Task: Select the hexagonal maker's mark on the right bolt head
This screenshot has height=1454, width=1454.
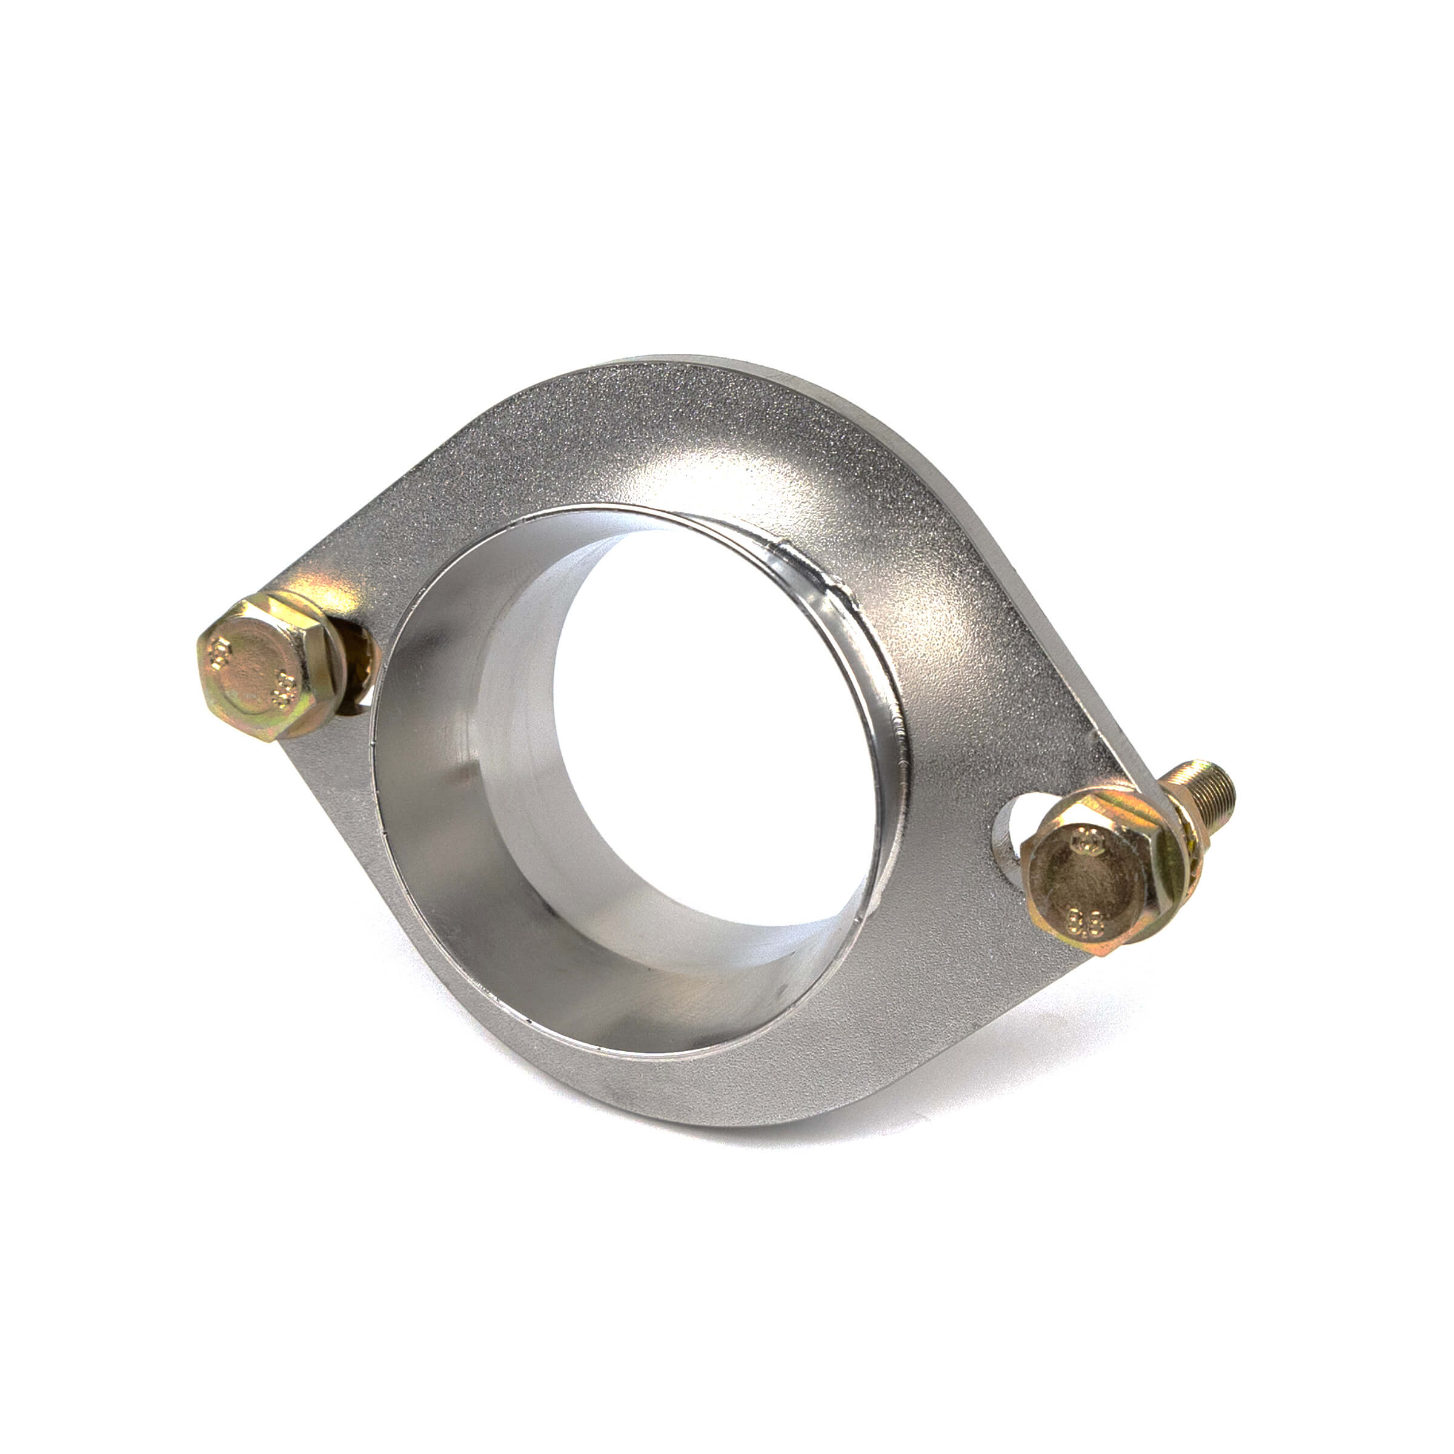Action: (x=1086, y=838)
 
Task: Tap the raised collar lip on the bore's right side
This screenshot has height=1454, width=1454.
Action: (x=892, y=752)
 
